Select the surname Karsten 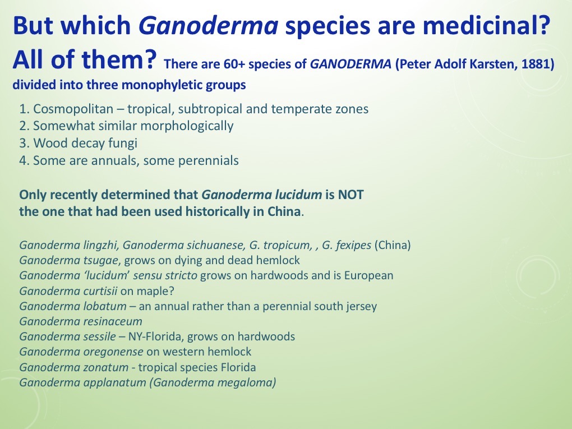coord(487,65)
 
